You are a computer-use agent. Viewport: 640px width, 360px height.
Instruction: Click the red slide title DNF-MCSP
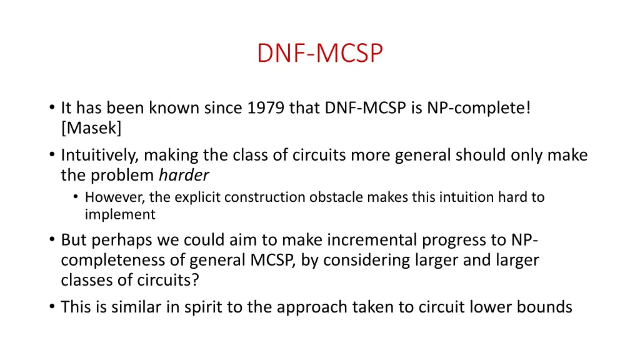[319, 53]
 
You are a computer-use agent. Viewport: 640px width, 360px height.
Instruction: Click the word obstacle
[329, 197]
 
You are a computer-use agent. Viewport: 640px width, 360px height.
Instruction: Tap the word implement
[120, 214]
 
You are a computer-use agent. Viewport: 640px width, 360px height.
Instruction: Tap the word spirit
[222, 307]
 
